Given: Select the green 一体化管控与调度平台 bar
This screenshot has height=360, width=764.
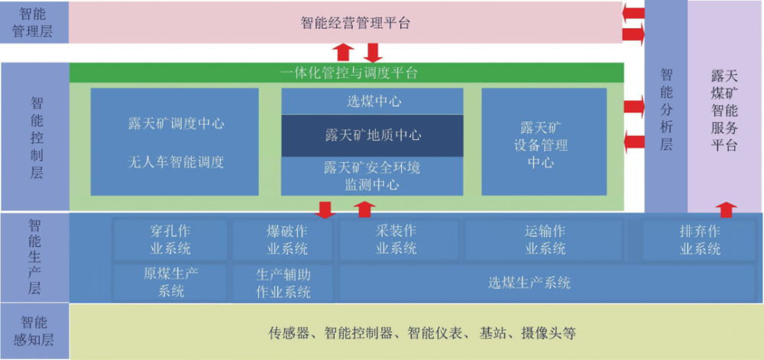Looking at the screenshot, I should click(348, 73).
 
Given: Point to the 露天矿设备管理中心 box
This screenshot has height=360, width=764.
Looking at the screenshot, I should click(543, 143).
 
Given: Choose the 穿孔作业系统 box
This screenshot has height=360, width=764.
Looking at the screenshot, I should click(170, 240).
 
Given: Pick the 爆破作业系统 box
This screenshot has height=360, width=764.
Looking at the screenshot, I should click(283, 240).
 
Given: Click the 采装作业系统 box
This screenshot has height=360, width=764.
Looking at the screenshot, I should click(397, 240).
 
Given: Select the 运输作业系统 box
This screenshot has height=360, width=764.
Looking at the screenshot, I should click(545, 240).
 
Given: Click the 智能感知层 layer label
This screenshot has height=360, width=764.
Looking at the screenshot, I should click(34, 331).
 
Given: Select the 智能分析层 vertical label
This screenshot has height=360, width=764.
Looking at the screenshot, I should click(666, 109).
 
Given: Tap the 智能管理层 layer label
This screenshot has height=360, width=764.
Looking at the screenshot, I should click(34, 23).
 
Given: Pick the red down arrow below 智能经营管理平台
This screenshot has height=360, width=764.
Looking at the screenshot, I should click(372, 52).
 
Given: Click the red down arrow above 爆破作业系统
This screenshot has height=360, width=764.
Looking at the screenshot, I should click(325, 209).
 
